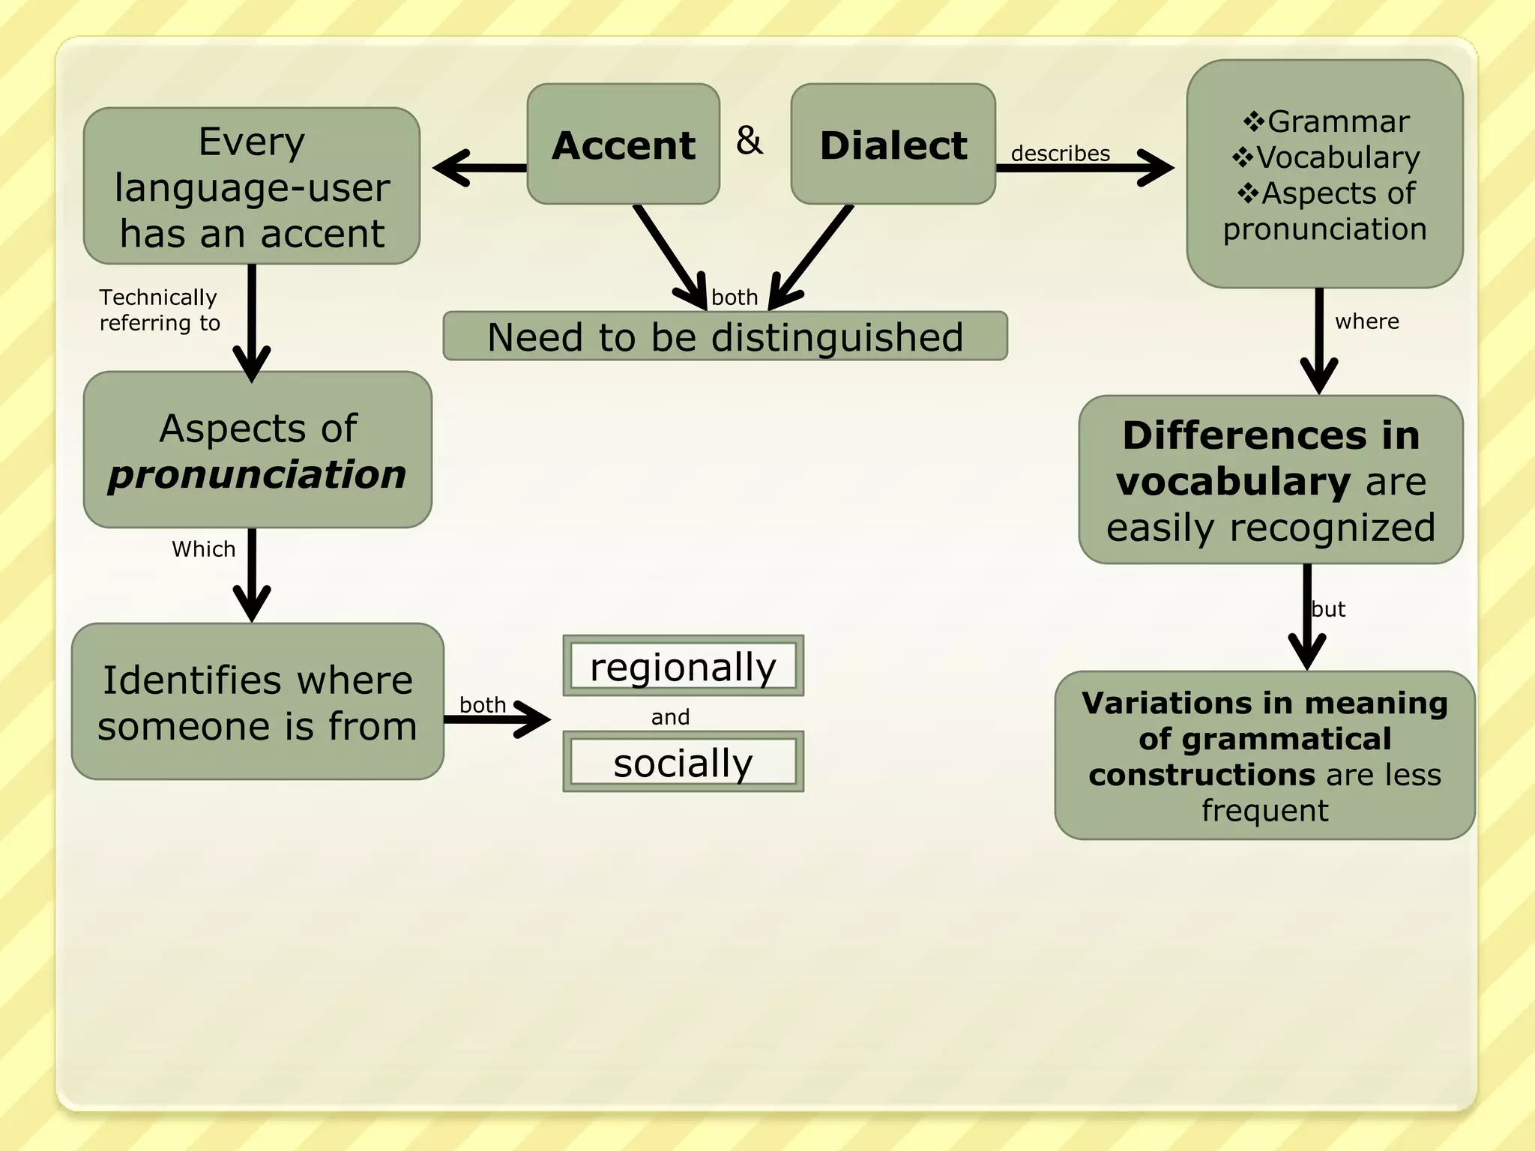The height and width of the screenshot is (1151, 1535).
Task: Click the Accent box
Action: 623,144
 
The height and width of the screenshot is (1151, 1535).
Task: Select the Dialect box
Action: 893,144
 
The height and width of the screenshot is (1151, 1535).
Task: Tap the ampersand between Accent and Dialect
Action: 749,140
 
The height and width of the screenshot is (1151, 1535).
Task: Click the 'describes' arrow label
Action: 1060,154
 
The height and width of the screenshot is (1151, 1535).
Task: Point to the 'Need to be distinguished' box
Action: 725,336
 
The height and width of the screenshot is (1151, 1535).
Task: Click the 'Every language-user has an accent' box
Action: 252,187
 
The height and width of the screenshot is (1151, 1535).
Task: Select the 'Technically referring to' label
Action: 159,310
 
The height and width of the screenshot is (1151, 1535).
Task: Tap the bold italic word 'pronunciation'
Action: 257,475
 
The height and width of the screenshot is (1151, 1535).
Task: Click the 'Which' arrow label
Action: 203,549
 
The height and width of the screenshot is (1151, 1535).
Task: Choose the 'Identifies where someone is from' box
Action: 257,702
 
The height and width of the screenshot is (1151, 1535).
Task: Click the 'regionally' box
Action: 683,666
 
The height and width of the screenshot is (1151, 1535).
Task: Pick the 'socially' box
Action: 683,762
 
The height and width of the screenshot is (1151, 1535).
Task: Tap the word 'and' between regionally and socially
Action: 670,717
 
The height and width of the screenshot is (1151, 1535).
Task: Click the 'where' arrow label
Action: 1366,321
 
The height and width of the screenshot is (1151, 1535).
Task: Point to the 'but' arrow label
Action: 1329,609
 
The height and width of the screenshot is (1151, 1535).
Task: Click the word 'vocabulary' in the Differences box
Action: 1234,481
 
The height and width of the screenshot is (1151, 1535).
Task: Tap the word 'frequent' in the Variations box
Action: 1264,811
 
